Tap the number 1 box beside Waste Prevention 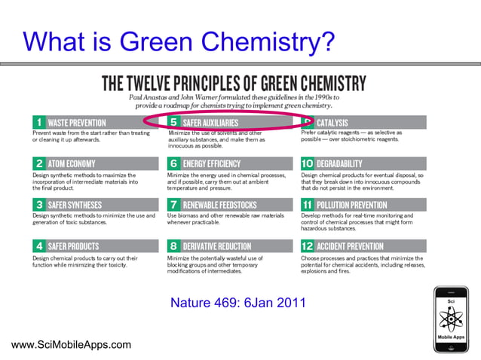[38, 122]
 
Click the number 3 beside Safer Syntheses [38, 205]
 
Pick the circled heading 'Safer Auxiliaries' [210, 122]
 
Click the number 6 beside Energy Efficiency [173, 163]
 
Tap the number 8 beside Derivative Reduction [173, 246]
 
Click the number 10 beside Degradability [308, 163]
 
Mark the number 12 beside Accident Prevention [308, 246]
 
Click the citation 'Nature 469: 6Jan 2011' [238, 304]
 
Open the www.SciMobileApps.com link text [72, 345]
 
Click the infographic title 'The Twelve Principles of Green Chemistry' [234, 83]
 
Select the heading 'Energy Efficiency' [212, 163]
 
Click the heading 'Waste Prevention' [77, 122]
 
